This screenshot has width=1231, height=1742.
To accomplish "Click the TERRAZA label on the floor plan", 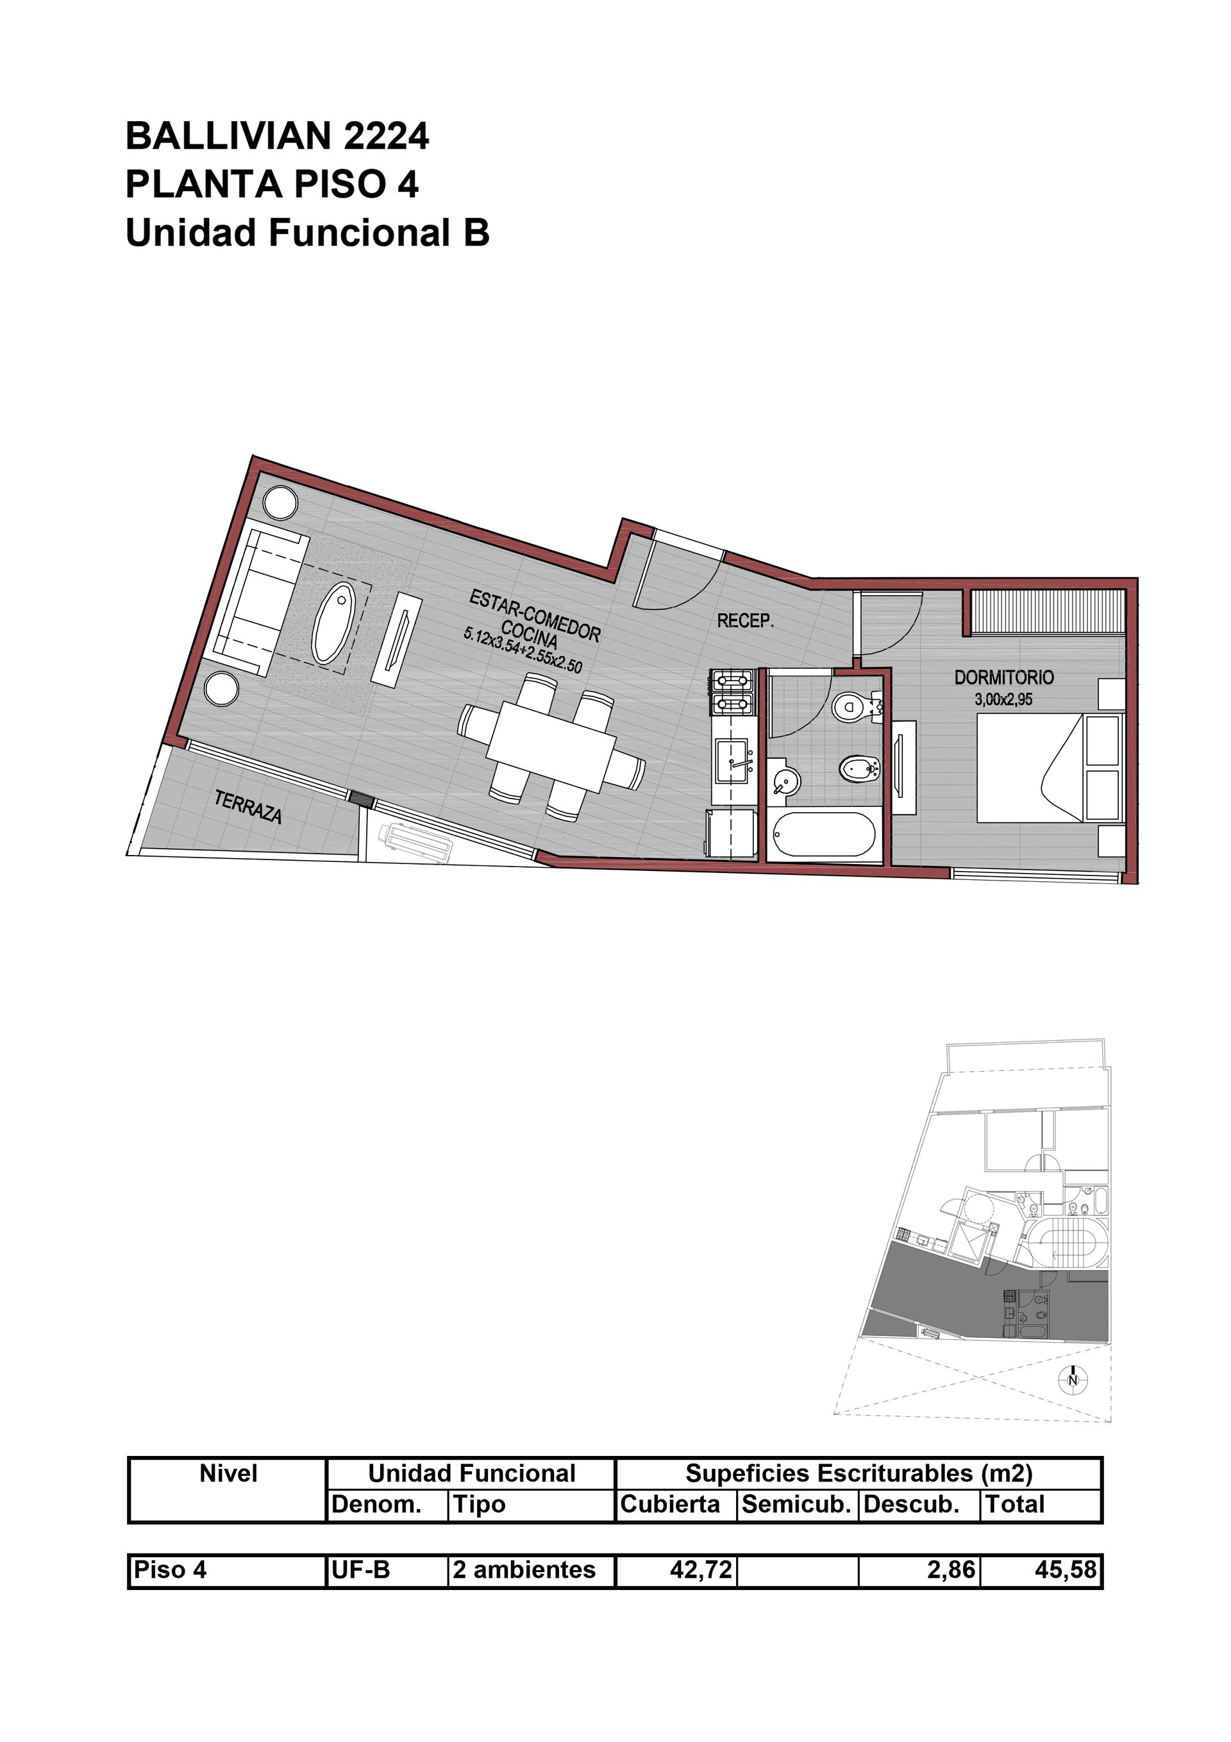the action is tap(248, 808).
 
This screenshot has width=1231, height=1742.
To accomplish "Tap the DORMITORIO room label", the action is tap(1003, 677).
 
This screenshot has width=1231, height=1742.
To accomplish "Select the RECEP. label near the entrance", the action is tap(746, 622).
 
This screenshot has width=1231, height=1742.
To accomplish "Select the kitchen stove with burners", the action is tap(733, 692).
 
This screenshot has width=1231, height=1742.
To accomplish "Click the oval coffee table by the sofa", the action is tap(334, 623).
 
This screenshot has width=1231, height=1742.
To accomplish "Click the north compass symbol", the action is tap(1073, 1380).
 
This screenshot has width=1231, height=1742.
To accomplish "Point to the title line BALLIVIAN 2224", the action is tap(278, 137).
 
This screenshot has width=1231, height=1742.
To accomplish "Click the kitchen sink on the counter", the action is tap(734, 762).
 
